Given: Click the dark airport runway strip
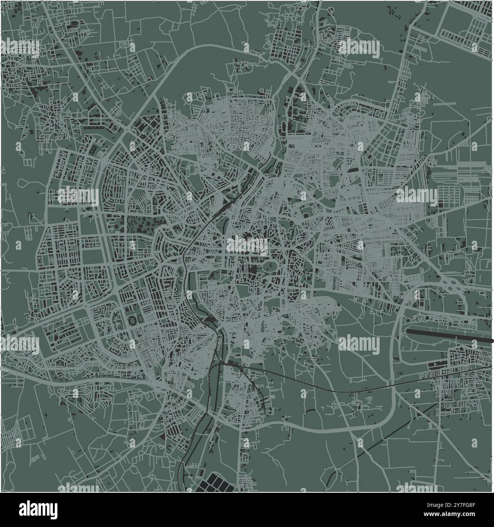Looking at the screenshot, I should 448,336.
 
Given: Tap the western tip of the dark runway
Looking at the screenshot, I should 408,332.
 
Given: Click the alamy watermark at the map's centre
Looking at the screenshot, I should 247,245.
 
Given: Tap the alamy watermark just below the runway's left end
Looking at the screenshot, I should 359,344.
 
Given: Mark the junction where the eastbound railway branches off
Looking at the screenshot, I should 220,363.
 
